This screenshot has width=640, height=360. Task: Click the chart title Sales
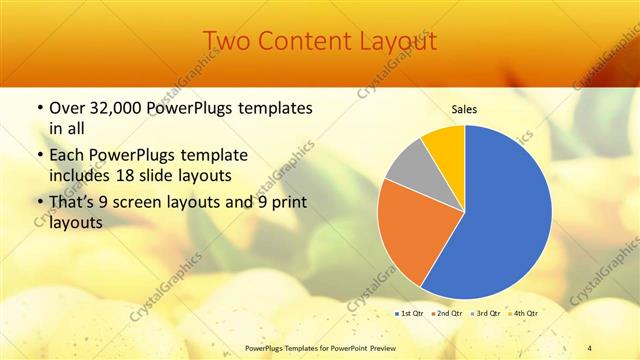pyautogui.click(x=464, y=109)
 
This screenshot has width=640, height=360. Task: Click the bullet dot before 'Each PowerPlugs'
pyautogui.click(x=39, y=156)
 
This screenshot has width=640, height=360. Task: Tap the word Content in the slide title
pyautogui.click(x=305, y=41)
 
